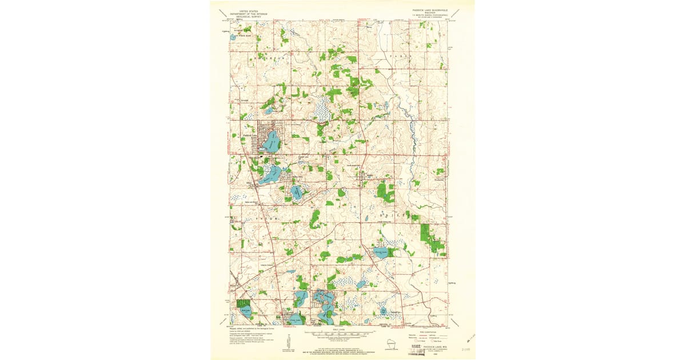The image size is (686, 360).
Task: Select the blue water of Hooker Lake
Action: pyautogui.click(x=269, y=175)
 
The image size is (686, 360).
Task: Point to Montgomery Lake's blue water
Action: pyautogui.click(x=297, y=192)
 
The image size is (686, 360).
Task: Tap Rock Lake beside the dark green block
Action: pyautogui.click(x=246, y=312)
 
